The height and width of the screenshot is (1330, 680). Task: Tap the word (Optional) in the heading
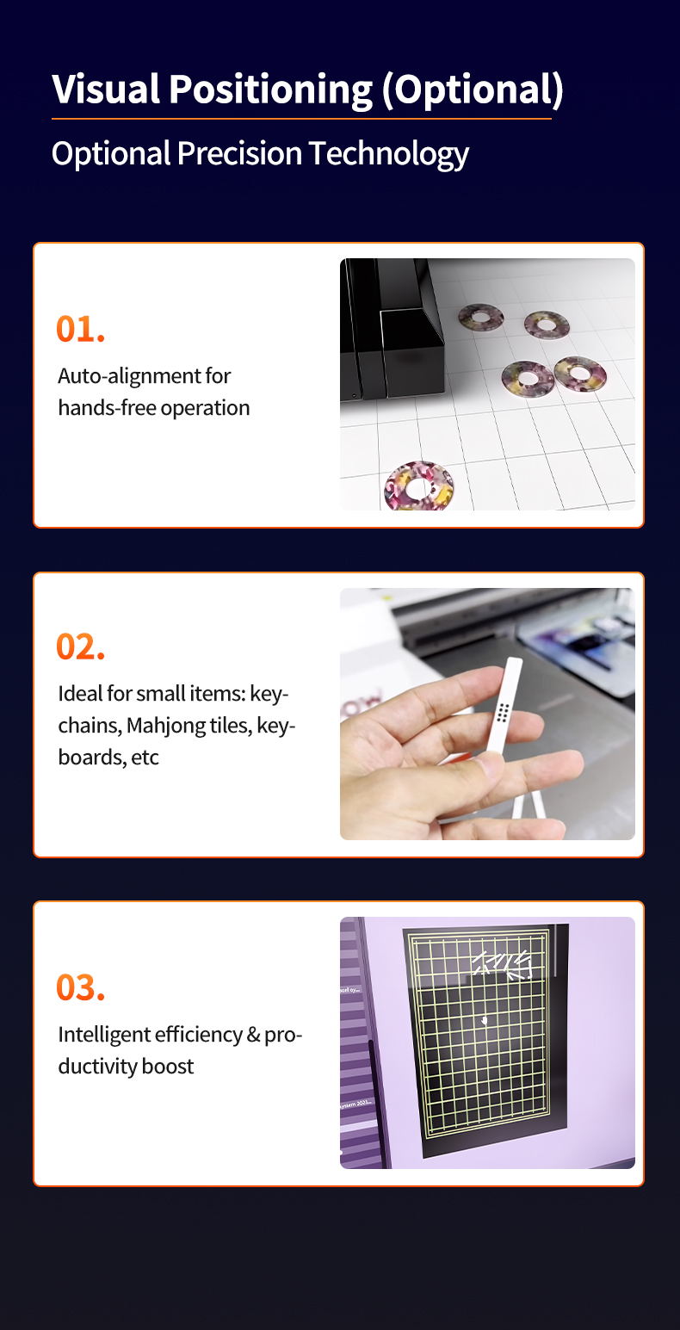473,90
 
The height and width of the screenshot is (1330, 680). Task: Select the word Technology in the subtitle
389,154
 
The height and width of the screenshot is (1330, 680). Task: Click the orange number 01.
80,329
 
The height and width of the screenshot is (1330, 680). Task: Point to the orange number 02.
80,646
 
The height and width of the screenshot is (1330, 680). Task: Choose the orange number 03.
80,987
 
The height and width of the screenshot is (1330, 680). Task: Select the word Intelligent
104,1035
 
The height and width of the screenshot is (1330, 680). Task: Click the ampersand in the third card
254,1035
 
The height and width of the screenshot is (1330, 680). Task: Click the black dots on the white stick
503,713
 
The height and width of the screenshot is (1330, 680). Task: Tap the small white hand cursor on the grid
484,1021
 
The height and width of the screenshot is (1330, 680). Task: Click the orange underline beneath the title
301,119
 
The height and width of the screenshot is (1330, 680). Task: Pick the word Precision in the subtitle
240,154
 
